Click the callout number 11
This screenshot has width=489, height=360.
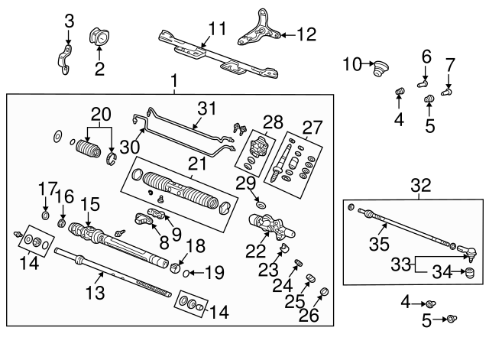[217, 29]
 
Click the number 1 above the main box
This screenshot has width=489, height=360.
[174, 80]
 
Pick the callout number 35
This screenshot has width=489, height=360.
[378, 245]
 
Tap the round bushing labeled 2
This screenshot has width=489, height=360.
[100, 36]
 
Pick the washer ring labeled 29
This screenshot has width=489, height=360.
[261, 206]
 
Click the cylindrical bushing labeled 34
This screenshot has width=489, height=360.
[470, 274]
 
